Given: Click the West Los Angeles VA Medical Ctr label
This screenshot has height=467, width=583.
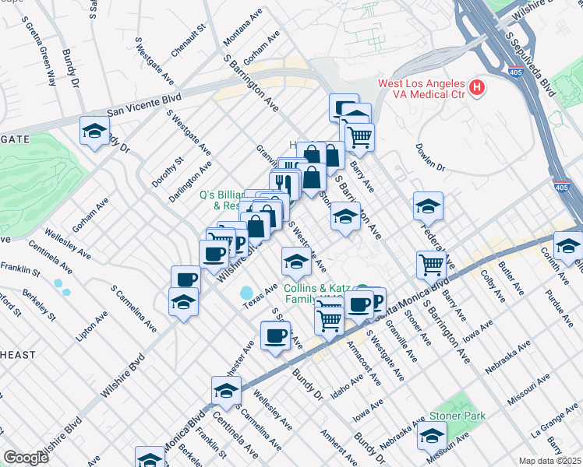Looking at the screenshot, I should click(x=422, y=88).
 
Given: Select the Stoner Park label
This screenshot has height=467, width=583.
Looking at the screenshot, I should click(x=456, y=416).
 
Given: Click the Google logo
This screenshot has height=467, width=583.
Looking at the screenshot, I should click(x=26, y=458).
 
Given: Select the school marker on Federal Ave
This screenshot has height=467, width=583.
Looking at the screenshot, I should click(x=428, y=206).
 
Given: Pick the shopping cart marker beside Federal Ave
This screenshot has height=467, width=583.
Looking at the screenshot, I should click(x=431, y=265).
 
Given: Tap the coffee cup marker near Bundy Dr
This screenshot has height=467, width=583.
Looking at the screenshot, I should click(x=275, y=335).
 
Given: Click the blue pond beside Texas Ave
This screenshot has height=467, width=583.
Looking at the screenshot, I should click(x=247, y=293).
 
